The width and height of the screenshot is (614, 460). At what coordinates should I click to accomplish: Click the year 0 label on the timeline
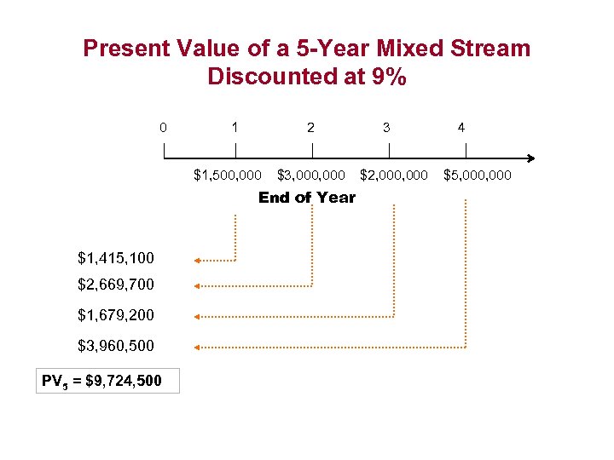163,129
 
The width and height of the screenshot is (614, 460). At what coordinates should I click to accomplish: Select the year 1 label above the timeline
235,128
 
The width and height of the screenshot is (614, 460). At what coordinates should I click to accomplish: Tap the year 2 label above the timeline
310,128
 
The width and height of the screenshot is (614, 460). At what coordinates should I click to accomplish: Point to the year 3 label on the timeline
387,128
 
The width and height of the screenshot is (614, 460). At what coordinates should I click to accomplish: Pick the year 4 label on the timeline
461,128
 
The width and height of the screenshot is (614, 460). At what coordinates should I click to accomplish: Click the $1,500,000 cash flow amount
228,175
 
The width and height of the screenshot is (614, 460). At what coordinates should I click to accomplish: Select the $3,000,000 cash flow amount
311,175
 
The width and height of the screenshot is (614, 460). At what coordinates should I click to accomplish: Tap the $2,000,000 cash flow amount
394,175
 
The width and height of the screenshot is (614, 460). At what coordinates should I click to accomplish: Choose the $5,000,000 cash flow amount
478,175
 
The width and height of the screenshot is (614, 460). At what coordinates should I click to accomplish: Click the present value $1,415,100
116,256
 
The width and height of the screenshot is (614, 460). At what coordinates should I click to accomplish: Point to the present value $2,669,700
116,284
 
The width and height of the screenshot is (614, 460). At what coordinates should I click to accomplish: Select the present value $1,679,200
116,314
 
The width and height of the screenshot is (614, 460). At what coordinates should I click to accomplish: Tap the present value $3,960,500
116,346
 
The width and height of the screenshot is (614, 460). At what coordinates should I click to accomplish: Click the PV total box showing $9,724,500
109,380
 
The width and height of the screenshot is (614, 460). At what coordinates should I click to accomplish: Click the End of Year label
307,198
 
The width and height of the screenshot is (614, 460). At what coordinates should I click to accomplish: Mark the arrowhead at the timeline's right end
530,158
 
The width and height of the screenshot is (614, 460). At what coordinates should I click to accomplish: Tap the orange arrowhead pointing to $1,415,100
197,259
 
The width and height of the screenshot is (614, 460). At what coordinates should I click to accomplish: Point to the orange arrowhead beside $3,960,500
197,348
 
